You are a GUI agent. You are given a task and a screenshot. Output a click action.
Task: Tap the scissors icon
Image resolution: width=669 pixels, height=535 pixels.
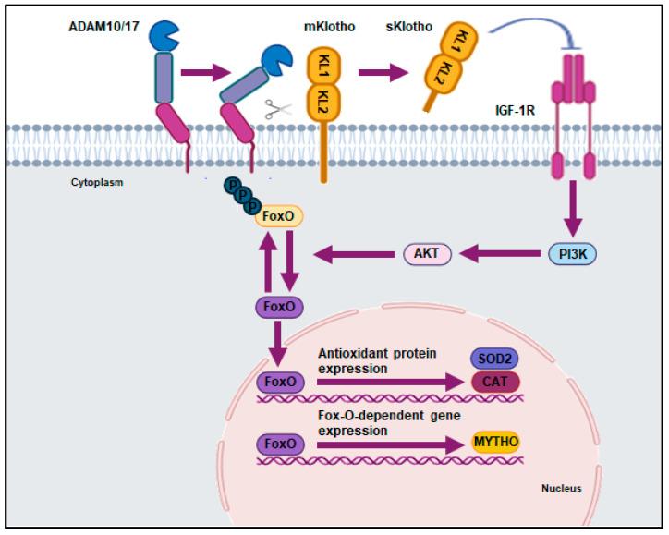(274, 108)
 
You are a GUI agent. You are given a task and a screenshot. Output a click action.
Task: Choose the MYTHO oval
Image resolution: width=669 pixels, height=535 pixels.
(496, 443)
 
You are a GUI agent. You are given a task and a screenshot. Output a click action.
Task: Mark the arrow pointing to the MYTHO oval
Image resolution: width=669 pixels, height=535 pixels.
(388, 444)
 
